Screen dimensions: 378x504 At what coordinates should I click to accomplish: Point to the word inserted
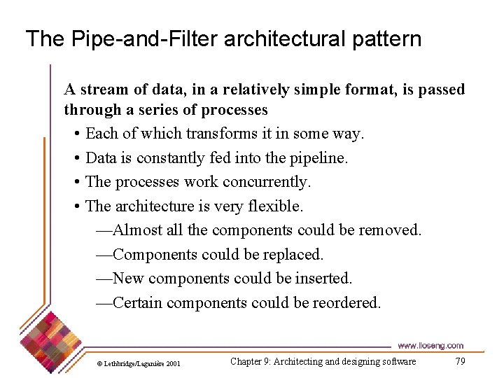tap(323, 279)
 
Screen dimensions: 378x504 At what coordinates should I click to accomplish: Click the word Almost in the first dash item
tap(138, 230)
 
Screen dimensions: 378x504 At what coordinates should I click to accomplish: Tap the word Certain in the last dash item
tap(139, 303)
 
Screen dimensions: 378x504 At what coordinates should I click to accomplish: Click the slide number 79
tap(460, 361)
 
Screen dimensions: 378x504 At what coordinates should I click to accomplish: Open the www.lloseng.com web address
tap(430, 346)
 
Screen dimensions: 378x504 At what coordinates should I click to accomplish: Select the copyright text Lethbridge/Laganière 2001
tap(141, 363)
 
